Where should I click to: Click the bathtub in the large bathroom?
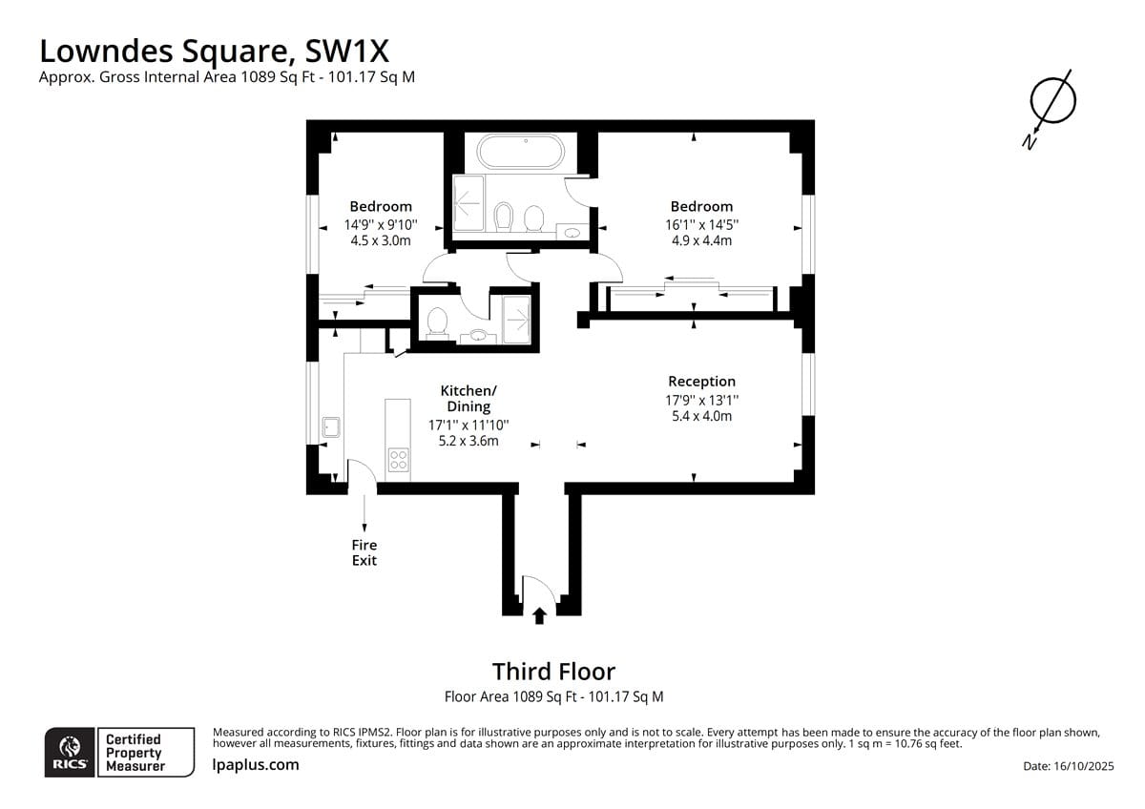pos(520,152)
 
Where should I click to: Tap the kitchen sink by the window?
pos(331,426)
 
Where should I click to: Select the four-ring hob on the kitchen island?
pos(398,459)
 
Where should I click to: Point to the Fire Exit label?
pos(364,552)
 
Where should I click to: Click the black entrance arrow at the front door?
pos(539,616)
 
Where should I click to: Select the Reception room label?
pos(701,382)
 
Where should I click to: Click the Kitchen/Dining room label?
pos(468,398)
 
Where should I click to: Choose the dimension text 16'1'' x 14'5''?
pos(701,224)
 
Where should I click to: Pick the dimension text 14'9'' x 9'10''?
pos(381,224)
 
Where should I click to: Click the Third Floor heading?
pos(553,671)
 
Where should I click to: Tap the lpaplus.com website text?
pos(256,765)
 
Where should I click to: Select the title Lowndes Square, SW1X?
pos(214,52)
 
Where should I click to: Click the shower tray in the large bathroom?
pos(468,203)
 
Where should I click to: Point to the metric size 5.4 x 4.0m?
pos(701,416)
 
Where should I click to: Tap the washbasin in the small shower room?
pos(478,336)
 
